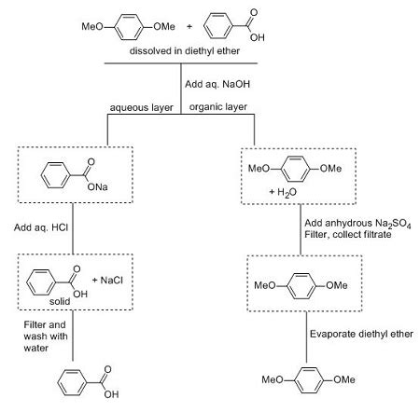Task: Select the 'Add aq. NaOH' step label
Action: click(x=216, y=85)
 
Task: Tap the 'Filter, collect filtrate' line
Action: click(x=353, y=237)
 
